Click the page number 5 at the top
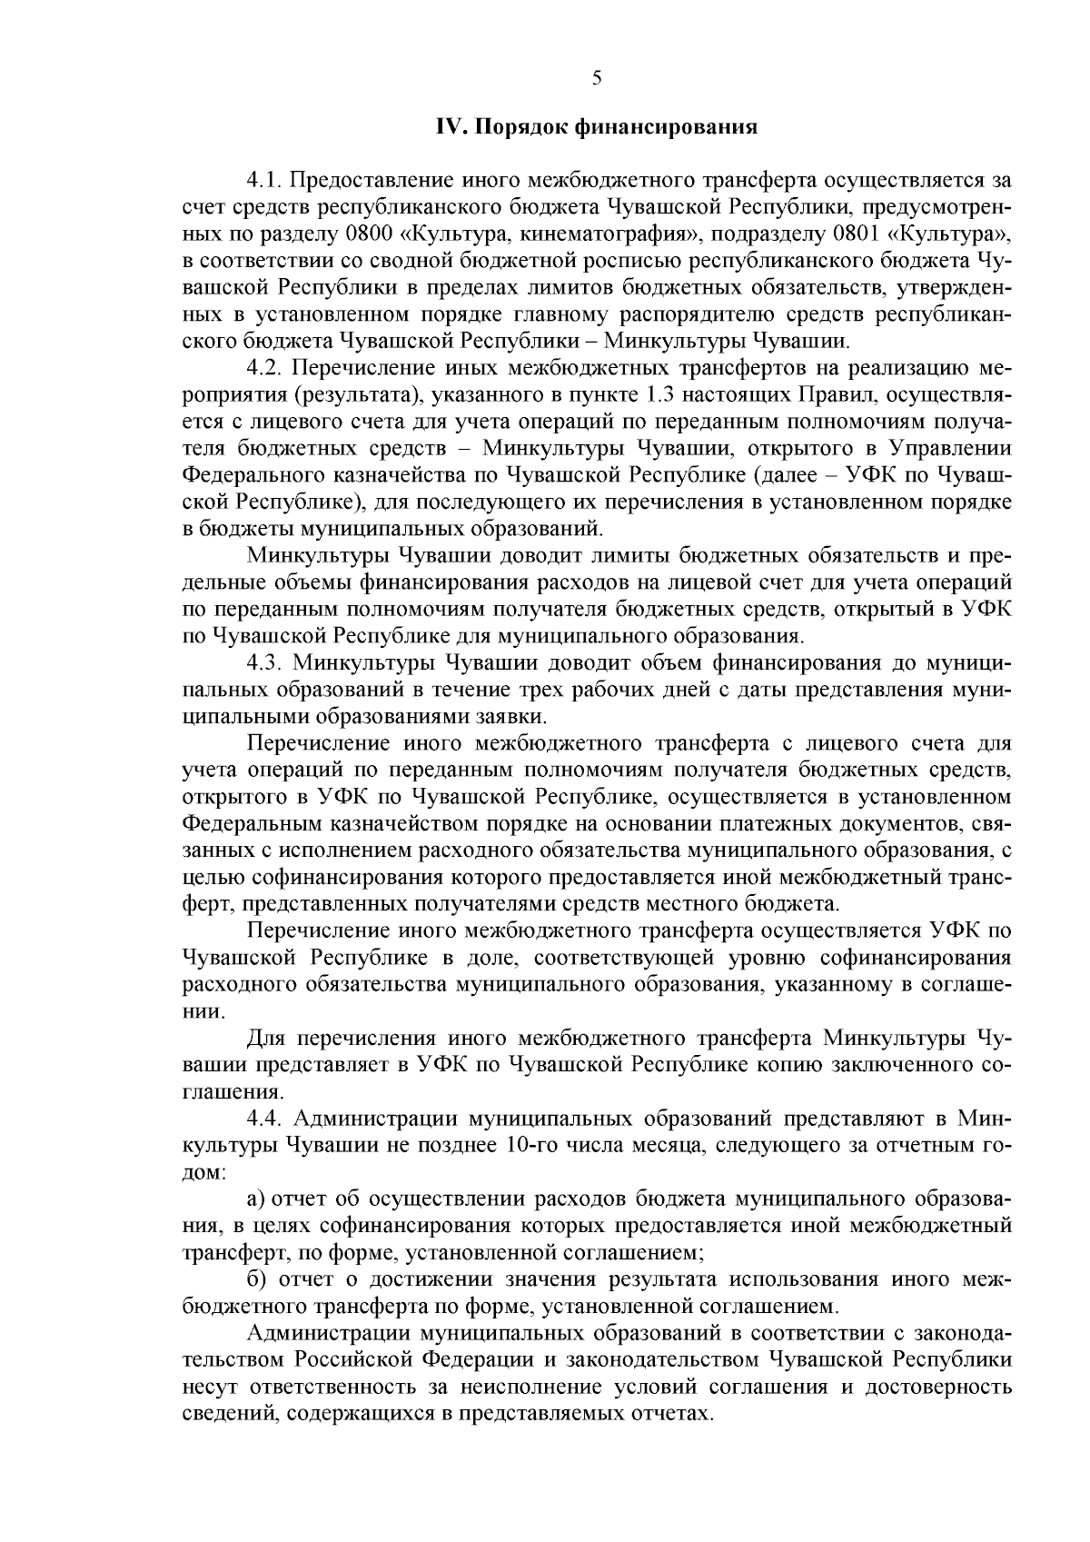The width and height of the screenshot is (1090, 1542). point(597,77)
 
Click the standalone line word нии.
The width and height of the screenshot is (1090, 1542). point(201,1011)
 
